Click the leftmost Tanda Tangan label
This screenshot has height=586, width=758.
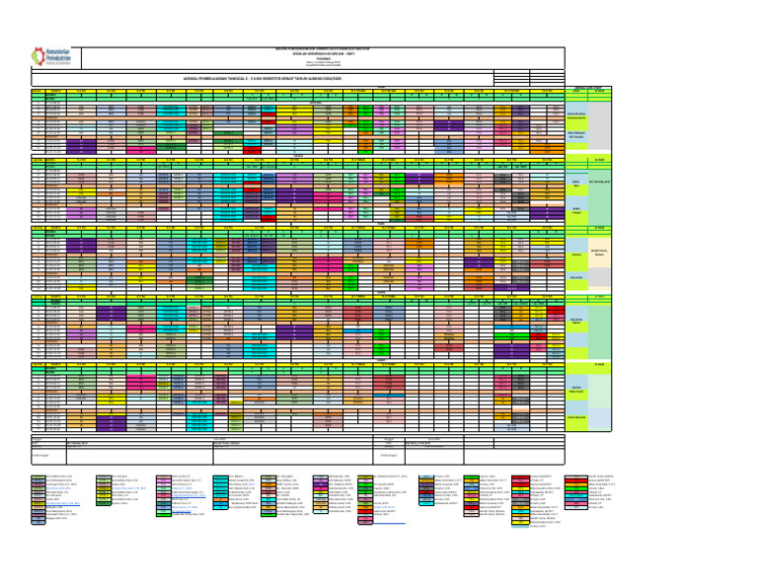[42, 455]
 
